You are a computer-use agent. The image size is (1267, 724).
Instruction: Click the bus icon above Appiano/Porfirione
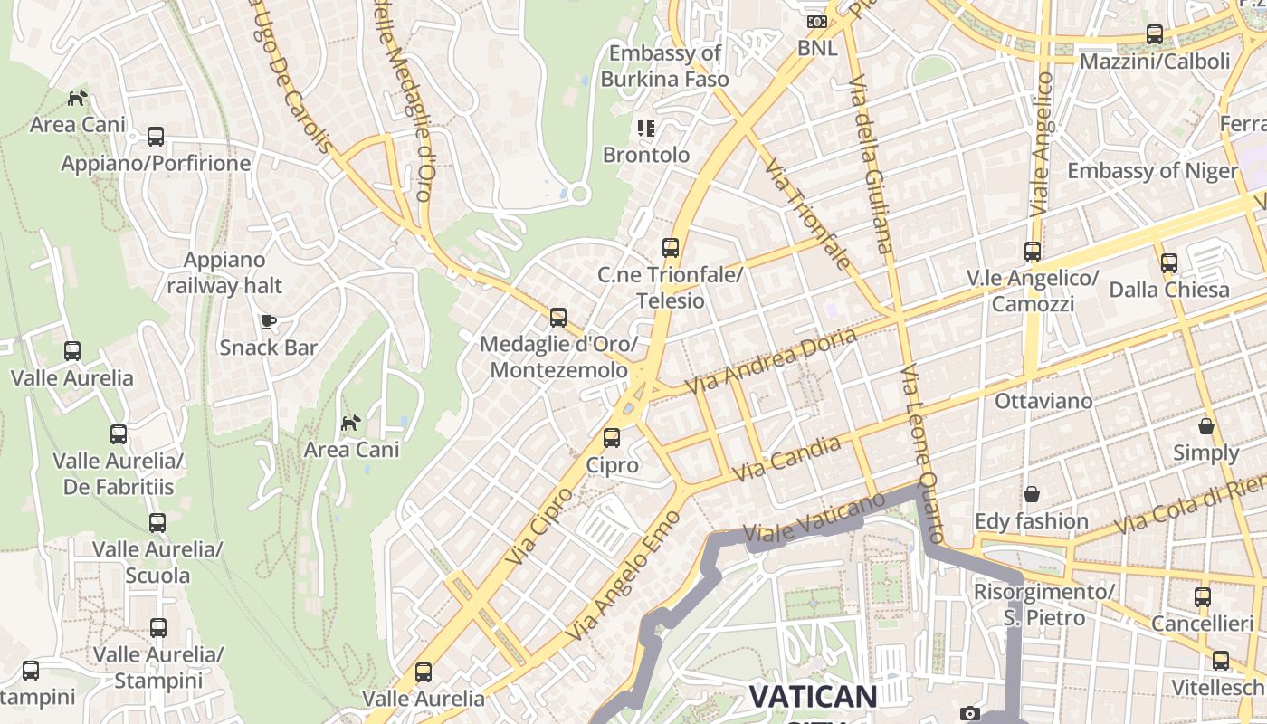(156, 137)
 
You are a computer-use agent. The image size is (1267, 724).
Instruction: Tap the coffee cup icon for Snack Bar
(268, 321)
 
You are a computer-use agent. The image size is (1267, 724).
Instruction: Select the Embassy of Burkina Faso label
(665, 66)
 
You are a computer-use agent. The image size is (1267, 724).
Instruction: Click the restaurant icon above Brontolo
(645, 129)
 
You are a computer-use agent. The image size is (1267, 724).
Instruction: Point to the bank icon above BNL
(816, 22)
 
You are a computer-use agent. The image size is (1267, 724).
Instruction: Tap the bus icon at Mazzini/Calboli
(1155, 34)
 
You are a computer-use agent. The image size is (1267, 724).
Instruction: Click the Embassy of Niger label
(1152, 170)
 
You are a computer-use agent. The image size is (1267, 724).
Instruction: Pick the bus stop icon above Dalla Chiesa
(1169, 263)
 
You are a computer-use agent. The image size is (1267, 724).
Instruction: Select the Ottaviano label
(1043, 400)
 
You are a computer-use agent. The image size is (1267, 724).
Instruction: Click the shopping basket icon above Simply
(1206, 426)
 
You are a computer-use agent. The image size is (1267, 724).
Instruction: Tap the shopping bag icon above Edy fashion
(1031, 494)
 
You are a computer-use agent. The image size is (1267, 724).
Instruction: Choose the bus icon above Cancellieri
(1202, 597)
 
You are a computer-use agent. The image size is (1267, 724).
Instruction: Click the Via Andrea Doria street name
(771, 360)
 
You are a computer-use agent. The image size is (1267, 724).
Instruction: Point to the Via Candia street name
(786, 458)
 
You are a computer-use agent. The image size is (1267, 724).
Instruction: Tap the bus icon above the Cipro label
(612, 438)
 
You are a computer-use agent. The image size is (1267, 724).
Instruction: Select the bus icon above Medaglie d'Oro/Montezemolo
(558, 318)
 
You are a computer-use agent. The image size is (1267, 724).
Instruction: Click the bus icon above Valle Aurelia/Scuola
(157, 522)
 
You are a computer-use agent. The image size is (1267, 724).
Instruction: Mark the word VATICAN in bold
(813, 697)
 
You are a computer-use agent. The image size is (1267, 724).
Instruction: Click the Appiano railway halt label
(224, 272)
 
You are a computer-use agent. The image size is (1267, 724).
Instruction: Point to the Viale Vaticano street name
(814, 519)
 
